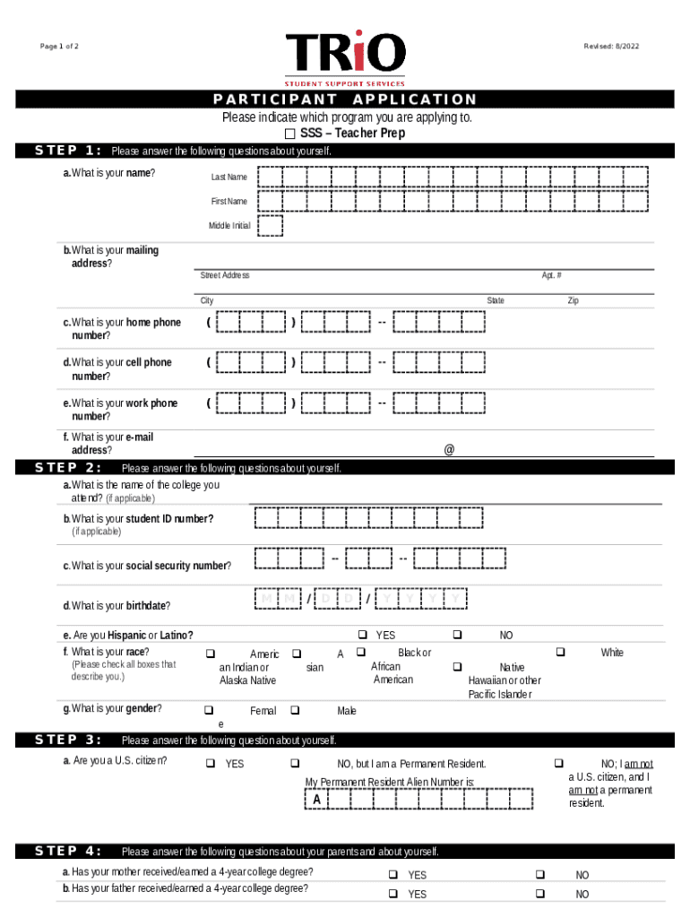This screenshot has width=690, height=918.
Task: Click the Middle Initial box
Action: point(271,226)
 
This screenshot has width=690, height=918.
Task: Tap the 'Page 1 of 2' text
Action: point(59,47)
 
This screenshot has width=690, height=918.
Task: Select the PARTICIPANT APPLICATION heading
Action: point(345,100)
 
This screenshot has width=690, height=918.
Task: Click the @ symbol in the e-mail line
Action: point(448,451)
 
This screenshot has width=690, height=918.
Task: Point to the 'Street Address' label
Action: point(224,275)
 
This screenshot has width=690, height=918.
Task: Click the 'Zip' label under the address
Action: point(573,301)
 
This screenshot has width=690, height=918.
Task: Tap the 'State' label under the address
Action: point(496,301)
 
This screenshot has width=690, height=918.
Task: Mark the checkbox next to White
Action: point(561,652)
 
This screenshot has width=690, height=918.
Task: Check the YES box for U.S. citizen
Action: point(210,764)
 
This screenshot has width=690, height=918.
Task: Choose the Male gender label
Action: point(347,711)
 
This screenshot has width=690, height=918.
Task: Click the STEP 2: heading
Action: point(68,468)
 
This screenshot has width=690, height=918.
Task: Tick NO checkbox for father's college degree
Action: point(540,894)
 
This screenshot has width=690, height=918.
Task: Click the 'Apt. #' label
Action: point(551,275)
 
